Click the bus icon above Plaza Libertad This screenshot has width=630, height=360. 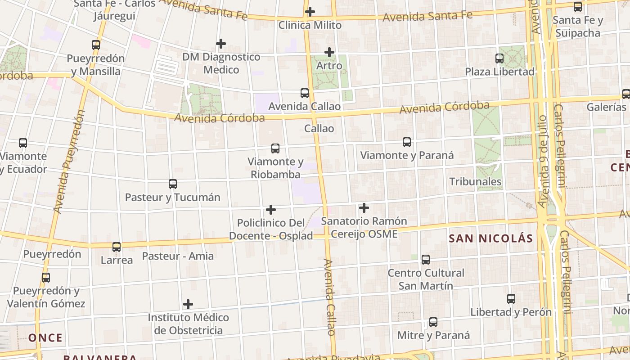tap(499, 58)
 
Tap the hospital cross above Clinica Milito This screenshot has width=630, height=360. tap(310, 12)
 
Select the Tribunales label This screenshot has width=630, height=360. tap(475, 182)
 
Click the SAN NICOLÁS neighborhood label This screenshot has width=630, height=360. tap(490, 238)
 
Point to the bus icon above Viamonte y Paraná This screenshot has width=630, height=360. tap(407, 142)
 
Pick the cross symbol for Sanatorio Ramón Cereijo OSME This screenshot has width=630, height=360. tap(364, 208)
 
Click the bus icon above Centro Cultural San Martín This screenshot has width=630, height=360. tap(426, 260)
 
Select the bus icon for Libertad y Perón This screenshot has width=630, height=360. tap(511, 299)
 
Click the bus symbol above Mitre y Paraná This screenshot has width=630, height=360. tap(433, 322)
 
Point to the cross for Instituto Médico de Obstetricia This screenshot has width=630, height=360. tap(188, 304)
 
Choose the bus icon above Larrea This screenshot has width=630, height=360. tap(117, 247)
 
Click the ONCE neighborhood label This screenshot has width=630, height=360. tap(45, 338)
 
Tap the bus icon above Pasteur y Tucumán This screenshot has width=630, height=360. tap(173, 184)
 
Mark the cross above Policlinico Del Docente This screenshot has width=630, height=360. tap(271, 210)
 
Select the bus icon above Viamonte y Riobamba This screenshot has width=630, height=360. tap(275, 148)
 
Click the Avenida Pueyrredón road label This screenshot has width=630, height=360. tap(69, 162)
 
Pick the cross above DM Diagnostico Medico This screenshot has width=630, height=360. tap(221, 44)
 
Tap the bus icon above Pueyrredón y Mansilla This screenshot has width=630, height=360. tap(96, 45)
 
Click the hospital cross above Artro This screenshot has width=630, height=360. tap(329, 52)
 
